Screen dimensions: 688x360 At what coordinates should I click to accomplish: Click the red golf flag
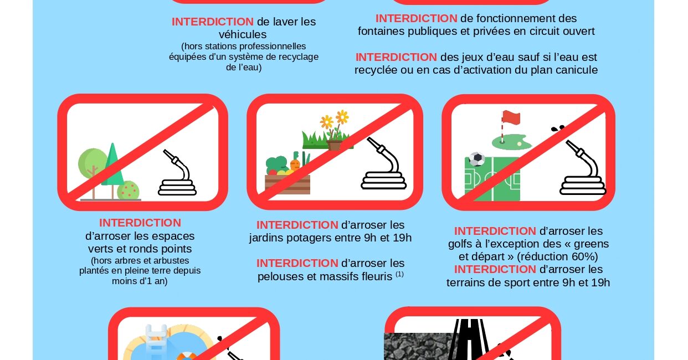click(511, 118)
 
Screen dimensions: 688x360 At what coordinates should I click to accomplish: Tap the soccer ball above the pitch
click(477, 159)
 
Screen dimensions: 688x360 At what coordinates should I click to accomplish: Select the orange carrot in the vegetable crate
click(295, 164)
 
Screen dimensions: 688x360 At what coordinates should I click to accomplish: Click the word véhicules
click(242, 34)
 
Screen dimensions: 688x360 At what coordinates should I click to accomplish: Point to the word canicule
click(577, 70)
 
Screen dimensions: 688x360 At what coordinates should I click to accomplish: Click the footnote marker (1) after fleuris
click(399, 274)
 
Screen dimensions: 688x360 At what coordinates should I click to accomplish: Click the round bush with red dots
click(129, 190)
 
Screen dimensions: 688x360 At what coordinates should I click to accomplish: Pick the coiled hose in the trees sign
click(177, 173)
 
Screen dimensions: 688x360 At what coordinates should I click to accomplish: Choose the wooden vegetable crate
click(287, 184)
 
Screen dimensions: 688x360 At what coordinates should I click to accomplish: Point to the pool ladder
click(156, 341)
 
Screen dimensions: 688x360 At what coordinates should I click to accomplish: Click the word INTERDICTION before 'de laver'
click(213, 22)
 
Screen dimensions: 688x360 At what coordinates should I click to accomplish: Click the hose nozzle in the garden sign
click(376, 145)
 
